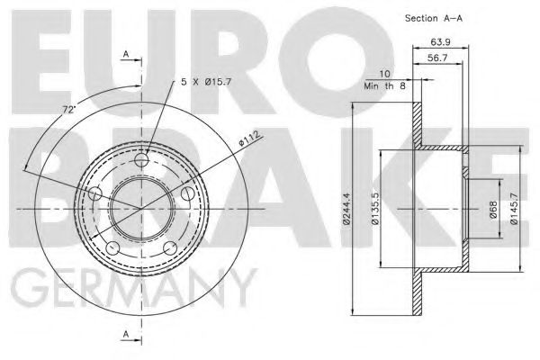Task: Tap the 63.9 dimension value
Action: tap(441, 41)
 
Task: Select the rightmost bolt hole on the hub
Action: tap(187, 193)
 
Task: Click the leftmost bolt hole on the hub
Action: tap(95, 193)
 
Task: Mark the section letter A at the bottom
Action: tap(126, 335)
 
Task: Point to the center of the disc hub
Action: tap(141, 208)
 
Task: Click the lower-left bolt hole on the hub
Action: tap(112, 247)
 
